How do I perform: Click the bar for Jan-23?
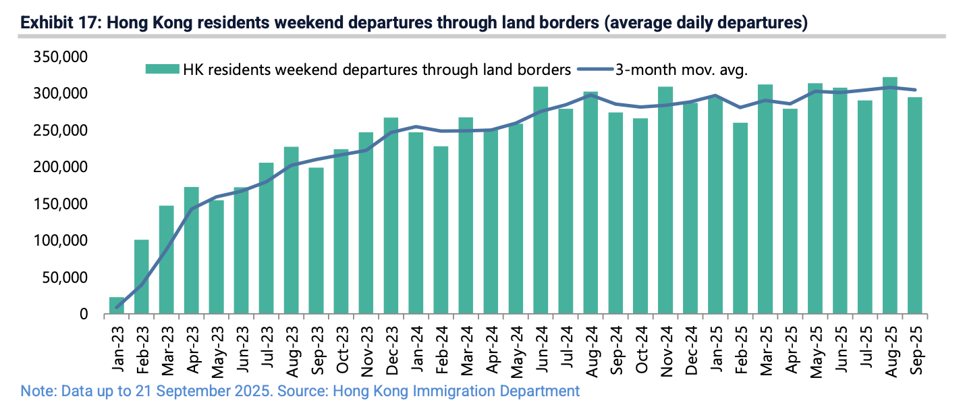click(x=117, y=306)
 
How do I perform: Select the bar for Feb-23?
click(x=142, y=277)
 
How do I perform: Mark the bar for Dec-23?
click(x=391, y=216)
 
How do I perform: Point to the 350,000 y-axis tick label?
click(x=60, y=57)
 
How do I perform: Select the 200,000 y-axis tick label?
click(x=60, y=167)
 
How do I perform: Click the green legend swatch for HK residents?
click(x=163, y=69)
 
